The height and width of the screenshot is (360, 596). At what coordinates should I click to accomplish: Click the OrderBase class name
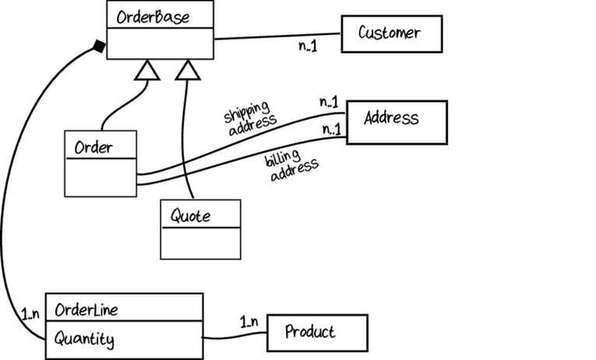[153, 17]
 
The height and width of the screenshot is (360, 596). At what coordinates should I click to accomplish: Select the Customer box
[392, 34]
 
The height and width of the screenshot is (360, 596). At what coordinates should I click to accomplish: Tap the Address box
[397, 122]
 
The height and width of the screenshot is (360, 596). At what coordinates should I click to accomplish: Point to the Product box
[317, 333]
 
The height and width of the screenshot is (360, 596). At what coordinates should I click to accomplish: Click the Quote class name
[190, 216]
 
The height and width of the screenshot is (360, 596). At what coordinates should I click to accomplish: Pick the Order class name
[93, 147]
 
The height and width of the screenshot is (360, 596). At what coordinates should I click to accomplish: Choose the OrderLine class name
[86, 310]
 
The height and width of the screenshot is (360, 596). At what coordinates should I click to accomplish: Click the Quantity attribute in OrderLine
[84, 339]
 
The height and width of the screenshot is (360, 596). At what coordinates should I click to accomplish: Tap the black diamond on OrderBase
[99, 47]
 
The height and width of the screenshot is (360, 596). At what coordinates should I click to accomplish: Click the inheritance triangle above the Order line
[147, 70]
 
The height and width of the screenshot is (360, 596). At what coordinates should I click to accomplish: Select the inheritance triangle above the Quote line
[188, 70]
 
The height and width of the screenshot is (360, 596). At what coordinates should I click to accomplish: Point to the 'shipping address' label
[250, 118]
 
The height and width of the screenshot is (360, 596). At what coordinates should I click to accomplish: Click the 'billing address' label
[291, 166]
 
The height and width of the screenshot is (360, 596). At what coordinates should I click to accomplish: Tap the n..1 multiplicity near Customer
[308, 46]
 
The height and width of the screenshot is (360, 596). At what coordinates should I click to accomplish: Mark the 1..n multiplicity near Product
[249, 322]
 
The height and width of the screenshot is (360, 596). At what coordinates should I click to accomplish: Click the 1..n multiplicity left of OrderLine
[30, 314]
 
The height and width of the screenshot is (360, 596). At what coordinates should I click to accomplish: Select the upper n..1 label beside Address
[329, 102]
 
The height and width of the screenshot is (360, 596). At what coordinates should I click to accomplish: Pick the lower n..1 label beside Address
[332, 129]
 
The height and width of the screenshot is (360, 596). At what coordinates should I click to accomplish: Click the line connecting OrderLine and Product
[235, 336]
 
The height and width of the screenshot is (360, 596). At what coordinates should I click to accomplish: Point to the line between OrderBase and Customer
[277, 36]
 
